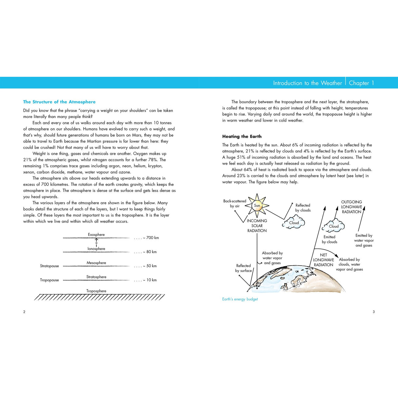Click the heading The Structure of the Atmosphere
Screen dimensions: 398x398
click(59, 102)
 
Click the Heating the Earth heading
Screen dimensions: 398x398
click(242, 136)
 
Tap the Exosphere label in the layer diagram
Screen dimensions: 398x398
click(96, 234)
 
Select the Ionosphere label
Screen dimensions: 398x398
click(96, 249)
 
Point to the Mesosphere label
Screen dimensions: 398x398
click(96, 263)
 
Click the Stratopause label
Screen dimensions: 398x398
click(50, 266)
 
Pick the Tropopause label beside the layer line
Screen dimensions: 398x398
click(50, 280)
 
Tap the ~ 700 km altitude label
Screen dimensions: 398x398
click(151, 238)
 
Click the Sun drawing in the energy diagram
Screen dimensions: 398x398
click(257, 206)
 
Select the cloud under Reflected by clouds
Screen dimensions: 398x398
click(294, 223)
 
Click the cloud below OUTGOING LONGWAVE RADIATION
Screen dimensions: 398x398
click(333, 226)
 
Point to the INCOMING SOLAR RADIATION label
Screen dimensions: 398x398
click(257, 226)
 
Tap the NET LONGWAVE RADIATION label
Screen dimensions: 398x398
click(324, 260)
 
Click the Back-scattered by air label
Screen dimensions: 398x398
click(235, 204)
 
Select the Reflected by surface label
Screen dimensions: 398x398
click(244, 268)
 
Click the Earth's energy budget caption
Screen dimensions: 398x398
click(240, 299)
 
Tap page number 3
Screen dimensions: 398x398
click(374, 312)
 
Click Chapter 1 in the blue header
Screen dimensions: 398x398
click(361, 83)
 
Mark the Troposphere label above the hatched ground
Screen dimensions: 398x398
click(96, 291)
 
